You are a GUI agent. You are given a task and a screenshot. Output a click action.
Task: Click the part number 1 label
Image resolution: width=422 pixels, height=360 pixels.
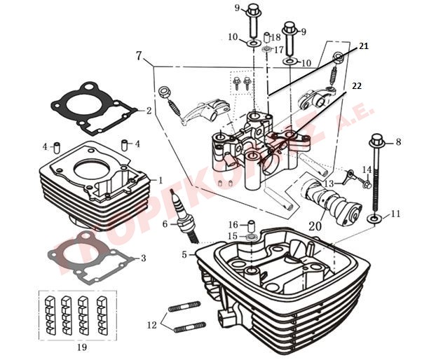[x=161, y=180]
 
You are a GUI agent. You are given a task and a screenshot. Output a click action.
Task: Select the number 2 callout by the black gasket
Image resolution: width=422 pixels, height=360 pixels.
[x=149, y=111]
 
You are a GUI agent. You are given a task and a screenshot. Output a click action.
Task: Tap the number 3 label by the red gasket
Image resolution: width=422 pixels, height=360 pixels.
[x=143, y=258]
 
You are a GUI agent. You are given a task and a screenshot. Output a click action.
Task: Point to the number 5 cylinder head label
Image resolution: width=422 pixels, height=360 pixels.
[x=185, y=255]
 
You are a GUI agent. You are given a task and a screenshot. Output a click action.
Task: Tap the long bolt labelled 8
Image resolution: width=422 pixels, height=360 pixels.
[x=376, y=175]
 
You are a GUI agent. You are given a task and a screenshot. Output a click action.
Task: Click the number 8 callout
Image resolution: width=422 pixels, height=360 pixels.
[x=398, y=142]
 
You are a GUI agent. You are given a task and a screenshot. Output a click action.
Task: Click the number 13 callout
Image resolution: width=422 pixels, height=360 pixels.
[x=328, y=184]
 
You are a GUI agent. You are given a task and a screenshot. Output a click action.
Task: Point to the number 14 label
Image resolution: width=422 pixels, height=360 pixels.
[x=367, y=170]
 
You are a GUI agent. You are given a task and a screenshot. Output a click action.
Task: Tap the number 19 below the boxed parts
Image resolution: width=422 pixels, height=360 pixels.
[x=81, y=347]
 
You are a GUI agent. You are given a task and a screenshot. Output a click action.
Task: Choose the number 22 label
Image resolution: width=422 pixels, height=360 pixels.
[x=357, y=86]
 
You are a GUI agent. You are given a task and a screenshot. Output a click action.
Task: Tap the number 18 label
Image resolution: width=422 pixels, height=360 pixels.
[x=276, y=36]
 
